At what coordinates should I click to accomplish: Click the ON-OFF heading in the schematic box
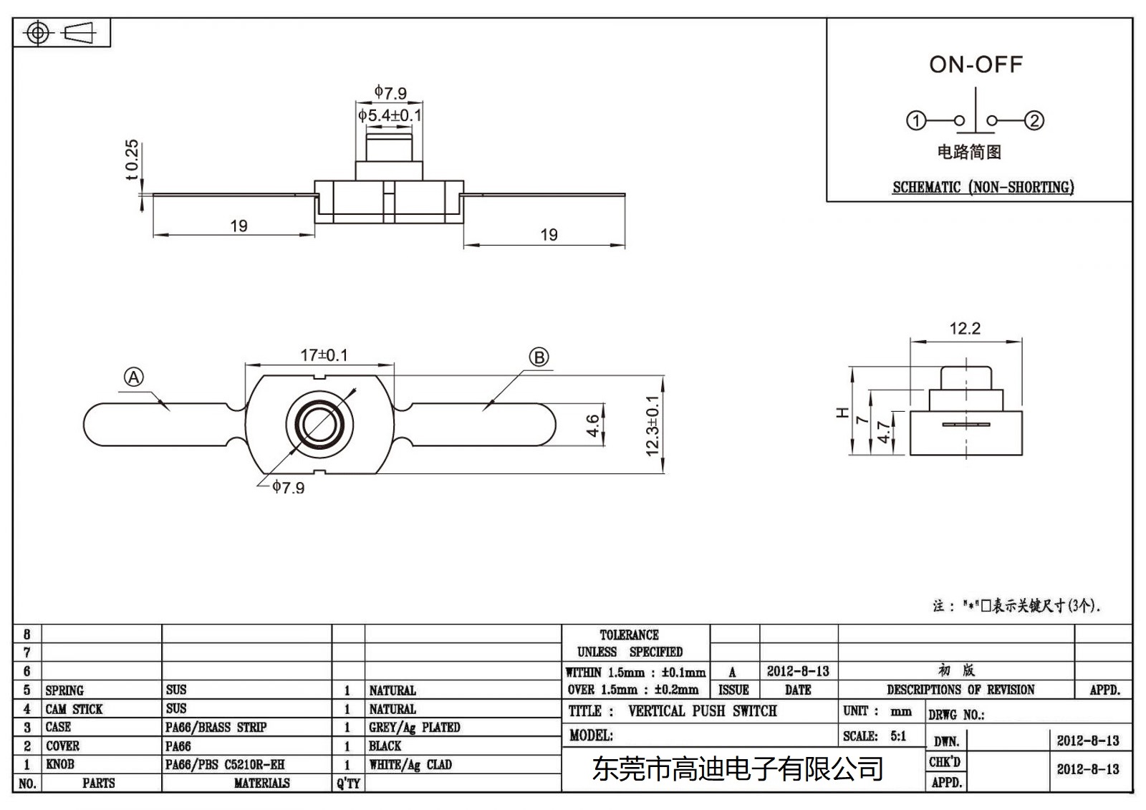click(976, 65)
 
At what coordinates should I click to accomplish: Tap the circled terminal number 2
click(1034, 120)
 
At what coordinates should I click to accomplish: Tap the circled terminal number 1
click(916, 120)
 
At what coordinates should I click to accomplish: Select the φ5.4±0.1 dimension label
click(390, 115)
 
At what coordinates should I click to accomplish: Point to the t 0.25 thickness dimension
click(132, 160)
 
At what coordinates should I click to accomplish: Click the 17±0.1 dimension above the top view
click(324, 355)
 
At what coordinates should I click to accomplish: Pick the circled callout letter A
click(134, 377)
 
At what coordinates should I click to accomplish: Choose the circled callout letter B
click(539, 357)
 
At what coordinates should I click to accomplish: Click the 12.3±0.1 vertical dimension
click(653, 425)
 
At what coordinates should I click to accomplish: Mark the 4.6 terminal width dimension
click(593, 425)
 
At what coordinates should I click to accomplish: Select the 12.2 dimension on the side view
click(965, 329)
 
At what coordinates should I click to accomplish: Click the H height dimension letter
click(843, 413)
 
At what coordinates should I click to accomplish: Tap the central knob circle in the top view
click(319, 424)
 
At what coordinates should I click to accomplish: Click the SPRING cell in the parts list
click(64, 690)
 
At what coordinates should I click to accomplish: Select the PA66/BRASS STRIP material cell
click(216, 728)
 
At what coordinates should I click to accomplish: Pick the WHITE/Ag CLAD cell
click(410, 765)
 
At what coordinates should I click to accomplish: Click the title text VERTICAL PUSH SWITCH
click(702, 711)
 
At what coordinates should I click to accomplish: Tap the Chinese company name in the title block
click(738, 770)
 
